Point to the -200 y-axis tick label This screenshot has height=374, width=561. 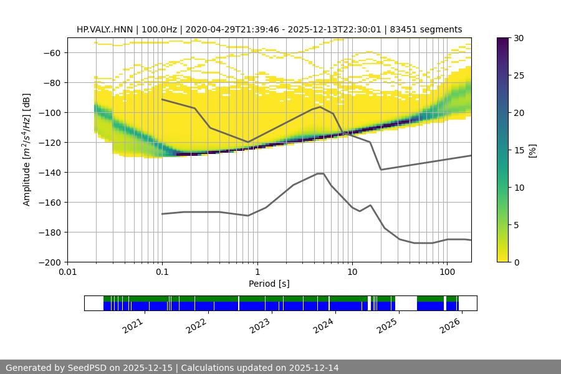click(49, 262)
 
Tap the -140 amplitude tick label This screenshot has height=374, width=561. click(49, 173)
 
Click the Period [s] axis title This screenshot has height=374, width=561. click(269, 284)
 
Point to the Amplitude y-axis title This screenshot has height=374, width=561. click(27, 150)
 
